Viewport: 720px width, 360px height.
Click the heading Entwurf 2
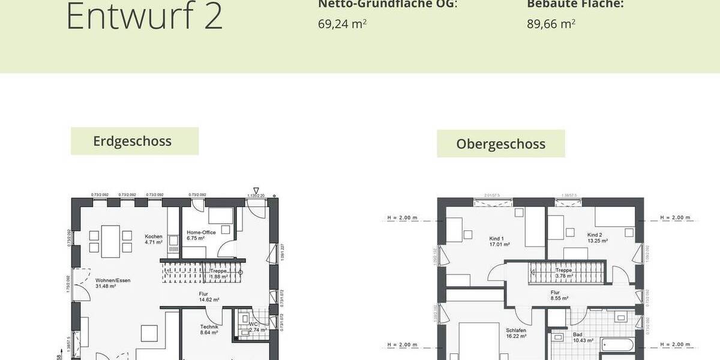pos(144,17)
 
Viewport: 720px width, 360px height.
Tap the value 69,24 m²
pos(342,24)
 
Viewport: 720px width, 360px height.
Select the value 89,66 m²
pos(551,24)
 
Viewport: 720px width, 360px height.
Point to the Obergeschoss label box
pos(500,144)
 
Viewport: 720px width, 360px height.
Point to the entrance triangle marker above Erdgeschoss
pos(256,190)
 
